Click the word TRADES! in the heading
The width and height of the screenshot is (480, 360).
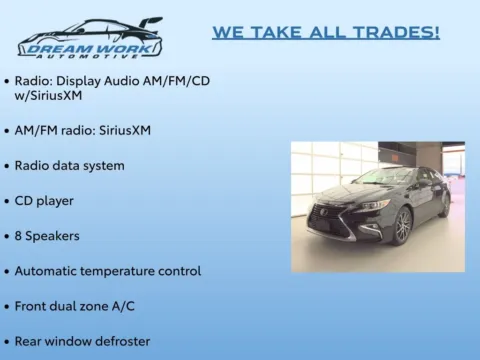396,32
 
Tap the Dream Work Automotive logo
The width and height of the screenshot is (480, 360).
90,38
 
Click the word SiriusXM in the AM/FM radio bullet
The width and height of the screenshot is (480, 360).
125,130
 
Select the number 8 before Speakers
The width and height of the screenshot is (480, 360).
18,236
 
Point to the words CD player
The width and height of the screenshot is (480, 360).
44,201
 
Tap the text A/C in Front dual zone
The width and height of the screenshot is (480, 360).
123,306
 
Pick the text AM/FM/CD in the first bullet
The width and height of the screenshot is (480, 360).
176,81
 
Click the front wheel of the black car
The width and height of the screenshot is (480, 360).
404,226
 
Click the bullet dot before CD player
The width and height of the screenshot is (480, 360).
7,202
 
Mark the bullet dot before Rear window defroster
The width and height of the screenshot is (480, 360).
7,342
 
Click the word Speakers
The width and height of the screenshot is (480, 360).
52,236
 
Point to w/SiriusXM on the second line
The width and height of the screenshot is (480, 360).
48,96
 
